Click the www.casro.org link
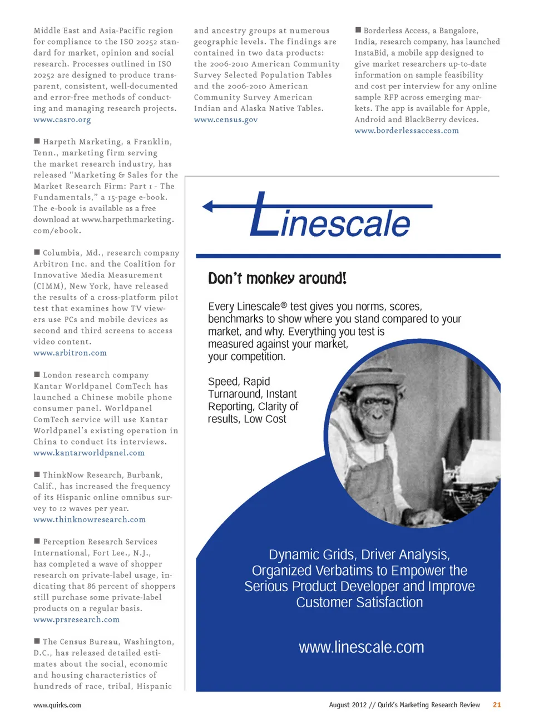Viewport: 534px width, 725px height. pyautogui.click(x=62, y=120)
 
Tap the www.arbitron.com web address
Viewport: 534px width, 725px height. pyautogui.click(x=70, y=353)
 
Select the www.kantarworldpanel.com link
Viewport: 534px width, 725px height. pyautogui.click(x=88, y=453)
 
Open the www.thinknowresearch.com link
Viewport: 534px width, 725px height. pyautogui.click(x=89, y=520)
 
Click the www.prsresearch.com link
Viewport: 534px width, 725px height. pyautogui.click(x=76, y=620)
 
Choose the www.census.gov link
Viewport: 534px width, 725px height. pyautogui.click(x=225, y=120)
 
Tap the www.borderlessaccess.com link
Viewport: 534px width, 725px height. pyautogui.click(x=407, y=131)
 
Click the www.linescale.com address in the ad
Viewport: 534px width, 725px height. pyautogui.click(x=361, y=648)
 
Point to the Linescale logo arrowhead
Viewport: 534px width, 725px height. pyautogui.click(x=207, y=207)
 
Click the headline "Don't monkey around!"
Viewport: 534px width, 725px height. pyautogui.click(x=277, y=278)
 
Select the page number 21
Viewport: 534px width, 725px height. pyautogui.click(x=497, y=705)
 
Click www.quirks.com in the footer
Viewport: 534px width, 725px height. pyautogui.click(x=57, y=706)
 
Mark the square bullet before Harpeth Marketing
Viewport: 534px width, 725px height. pyautogui.click(x=37, y=142)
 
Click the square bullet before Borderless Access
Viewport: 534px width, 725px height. pyautogui.click(x=358, y=30)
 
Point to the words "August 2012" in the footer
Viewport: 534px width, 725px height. pyautogui.click(x=347, y=705)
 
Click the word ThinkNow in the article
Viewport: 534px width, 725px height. pyautogui.click(x=60, y=476)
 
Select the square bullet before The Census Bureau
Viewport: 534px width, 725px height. pyautogui.click(x=37, y=642)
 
